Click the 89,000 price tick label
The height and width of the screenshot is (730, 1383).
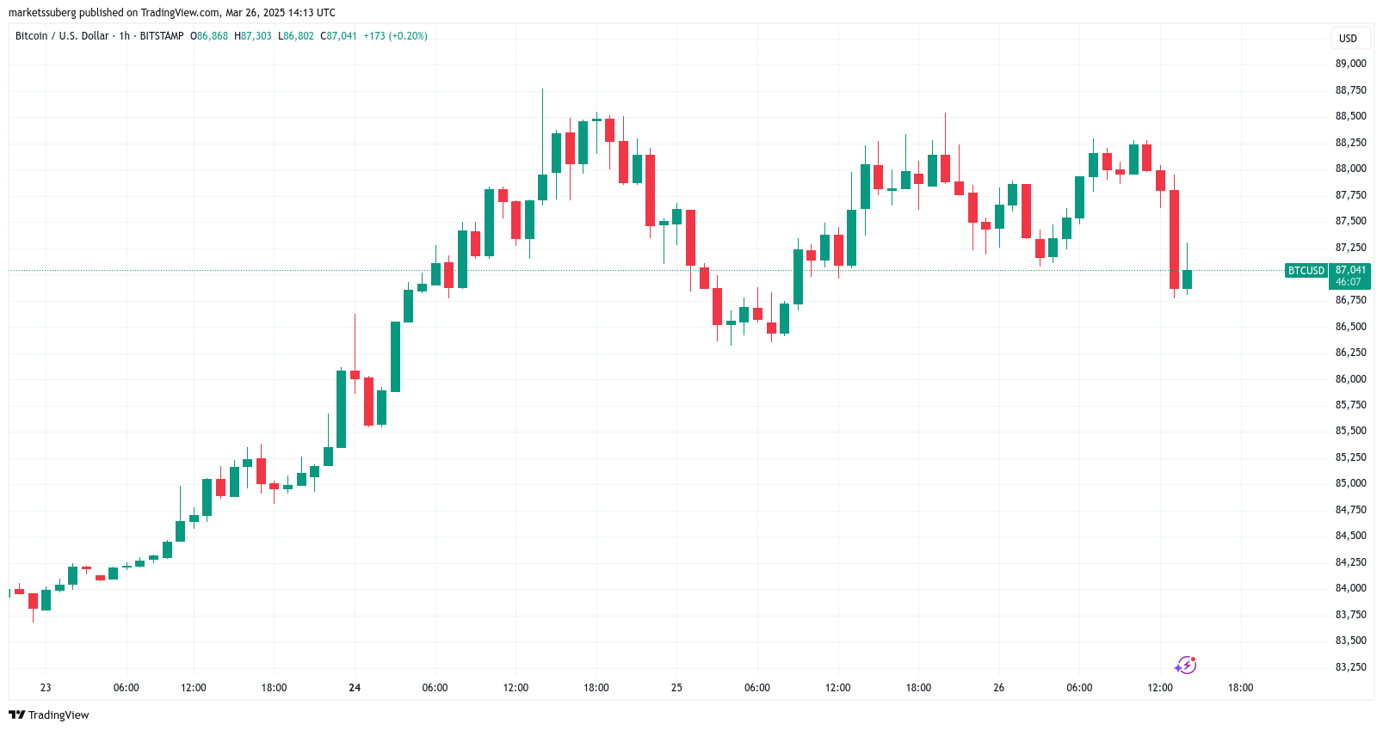click(1350, 64)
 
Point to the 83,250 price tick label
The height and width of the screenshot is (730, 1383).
click(1350, 667)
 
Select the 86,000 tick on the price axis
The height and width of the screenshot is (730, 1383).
click(1350, 379)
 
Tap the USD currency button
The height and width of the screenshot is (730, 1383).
click(1348, 39)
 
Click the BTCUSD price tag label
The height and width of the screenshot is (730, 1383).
click(1306, 271)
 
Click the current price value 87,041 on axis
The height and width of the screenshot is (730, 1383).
click(1350, 270)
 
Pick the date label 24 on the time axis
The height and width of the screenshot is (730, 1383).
click(355, 688)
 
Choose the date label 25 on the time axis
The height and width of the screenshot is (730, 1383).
click(676, 688)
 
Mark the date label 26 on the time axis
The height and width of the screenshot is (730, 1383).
click(998, 688)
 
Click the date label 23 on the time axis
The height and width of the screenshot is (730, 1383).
click(46, 688)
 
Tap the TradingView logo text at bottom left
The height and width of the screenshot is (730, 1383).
click(50, 715)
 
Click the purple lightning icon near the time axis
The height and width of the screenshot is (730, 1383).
click(1185, 666)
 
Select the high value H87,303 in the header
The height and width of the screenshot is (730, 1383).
click(253, 36)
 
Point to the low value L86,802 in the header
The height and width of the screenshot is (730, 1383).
click(296, 36)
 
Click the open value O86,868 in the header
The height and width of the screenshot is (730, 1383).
click(209, 36)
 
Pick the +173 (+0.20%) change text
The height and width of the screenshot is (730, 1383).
click(395, 36)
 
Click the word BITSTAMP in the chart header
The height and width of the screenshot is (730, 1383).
click(162, 36)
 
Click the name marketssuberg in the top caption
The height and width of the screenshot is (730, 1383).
click(42, 13)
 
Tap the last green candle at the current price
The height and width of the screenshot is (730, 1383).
click(1187, 279)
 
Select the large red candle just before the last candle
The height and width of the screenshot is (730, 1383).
click(1174, 239)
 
